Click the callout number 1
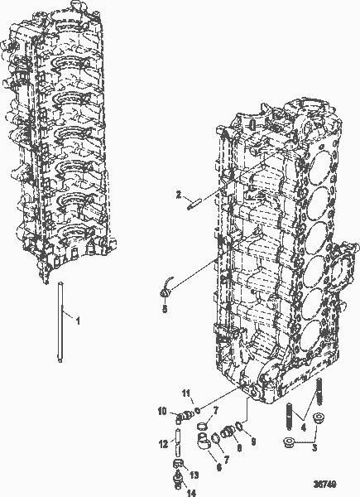click(78, 318)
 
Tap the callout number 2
click(177, 195)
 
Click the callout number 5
click(164, 308)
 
